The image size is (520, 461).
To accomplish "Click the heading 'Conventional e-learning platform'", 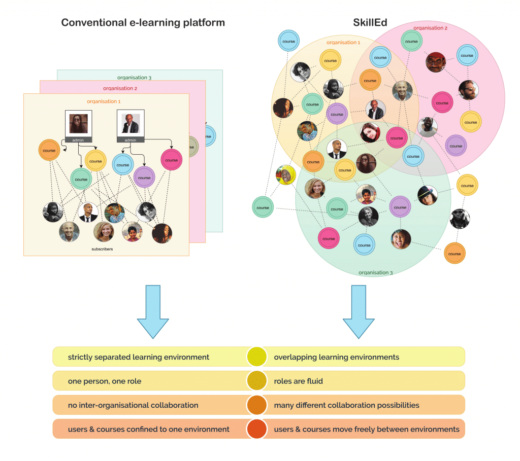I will [143, 23].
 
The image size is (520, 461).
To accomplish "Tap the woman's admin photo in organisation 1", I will [78, 123].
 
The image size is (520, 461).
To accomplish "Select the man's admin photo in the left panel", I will [131, 123].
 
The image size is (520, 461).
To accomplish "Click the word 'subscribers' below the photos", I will [102, 249].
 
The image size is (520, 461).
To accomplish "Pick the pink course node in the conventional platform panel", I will [171, 160].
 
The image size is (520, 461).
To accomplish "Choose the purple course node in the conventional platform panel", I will [144, 178].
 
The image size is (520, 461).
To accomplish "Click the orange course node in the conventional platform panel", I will [49, 151].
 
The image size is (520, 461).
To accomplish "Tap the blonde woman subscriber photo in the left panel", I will [104, 231].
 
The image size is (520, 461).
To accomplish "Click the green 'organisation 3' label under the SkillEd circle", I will [376, 273].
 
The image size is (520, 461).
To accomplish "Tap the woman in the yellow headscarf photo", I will [286, 175].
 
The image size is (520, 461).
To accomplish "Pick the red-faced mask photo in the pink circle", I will [436, 62].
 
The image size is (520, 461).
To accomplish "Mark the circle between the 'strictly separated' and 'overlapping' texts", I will [257, 357].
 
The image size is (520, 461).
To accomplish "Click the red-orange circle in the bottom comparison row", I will [257, 429].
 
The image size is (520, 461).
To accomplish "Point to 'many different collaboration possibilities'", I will [346, 405].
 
